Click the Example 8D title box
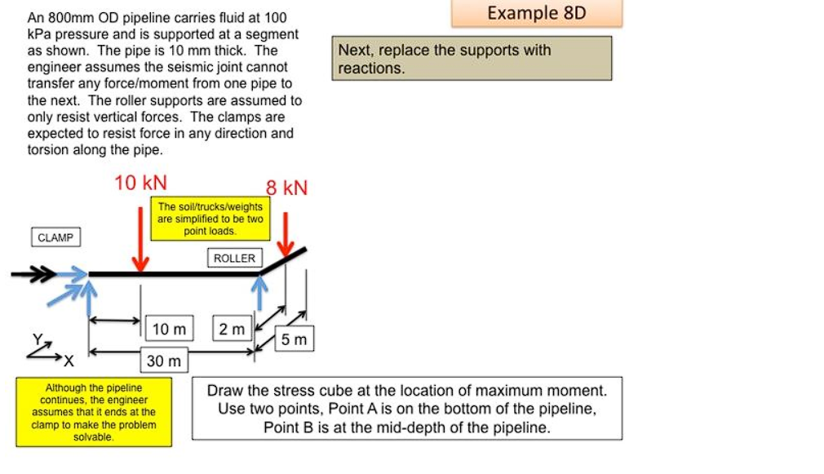(x=535, y=14)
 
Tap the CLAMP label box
(x=55, y=237)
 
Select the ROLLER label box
(x=234, y=258)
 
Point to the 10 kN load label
(x=140, y=183)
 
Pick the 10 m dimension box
(x=169, y=329)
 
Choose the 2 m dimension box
(x=232, y=329)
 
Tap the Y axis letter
(x=36, y=339)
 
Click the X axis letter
(x=69, y=360)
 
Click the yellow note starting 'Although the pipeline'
(x=93, y=412)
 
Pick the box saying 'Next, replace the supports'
(x=472, y=59)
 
